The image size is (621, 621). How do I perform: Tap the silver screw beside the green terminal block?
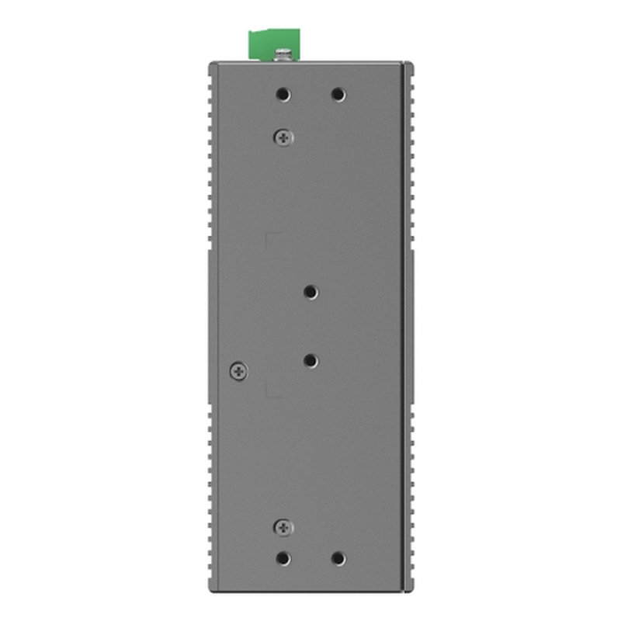tap(285, 54)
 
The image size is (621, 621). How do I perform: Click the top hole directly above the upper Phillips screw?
tap(283, 95)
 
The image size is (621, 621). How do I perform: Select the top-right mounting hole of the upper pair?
tap(338, 95)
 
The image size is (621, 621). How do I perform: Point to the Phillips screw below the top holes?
tap(283, 137)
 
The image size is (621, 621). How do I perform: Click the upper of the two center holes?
tap(310, 292)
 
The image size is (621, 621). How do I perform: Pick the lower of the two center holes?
tap(310, 361)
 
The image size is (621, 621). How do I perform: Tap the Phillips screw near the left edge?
tap(239, 371)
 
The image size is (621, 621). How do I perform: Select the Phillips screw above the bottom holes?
tap(283, 528)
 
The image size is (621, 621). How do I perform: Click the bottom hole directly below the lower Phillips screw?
tap(283, 558)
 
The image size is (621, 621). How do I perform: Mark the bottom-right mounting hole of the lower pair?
tap(338, 558)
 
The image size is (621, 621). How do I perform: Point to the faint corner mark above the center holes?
tap(269, 234)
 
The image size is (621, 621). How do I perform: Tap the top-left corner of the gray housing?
tap(210, 64)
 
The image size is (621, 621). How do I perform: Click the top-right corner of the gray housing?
tap(409, 64)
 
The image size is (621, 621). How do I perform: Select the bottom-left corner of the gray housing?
tap(210, 590)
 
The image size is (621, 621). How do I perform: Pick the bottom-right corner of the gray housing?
tap(409, 590)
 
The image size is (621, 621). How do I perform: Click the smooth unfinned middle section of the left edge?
tap(212, 326)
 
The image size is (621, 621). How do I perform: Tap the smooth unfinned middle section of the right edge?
tap(410, 326)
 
